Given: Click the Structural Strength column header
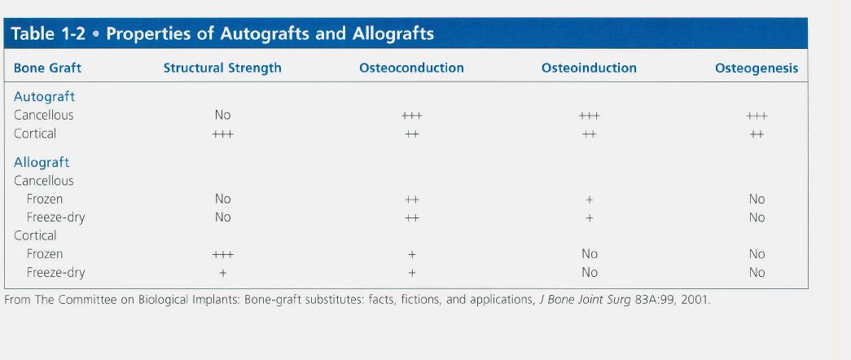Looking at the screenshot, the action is coord(222,68).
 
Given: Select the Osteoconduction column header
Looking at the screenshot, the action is coord(411,68).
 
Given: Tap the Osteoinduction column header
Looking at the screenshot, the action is coord(589,68).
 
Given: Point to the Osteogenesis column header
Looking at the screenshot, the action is coord(757,68).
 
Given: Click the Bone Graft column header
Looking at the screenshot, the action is coord(47,68).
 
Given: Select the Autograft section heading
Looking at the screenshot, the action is coord(44,97).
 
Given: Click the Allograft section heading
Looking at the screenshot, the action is coord(42,162).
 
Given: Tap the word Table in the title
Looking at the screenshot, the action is coord(32,33).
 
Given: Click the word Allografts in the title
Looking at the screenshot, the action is coord(393,34).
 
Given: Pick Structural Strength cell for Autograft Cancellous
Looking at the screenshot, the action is coord(222,115).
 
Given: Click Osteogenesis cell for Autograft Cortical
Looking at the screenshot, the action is coord(757,134).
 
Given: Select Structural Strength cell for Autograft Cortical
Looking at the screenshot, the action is coord(222,134).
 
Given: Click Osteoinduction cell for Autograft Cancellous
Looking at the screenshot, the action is coord(589,116).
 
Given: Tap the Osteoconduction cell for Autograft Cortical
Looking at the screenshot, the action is coord(411,134).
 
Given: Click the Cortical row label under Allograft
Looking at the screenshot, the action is coord(35,235).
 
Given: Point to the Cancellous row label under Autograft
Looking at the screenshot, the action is coord(43,115).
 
